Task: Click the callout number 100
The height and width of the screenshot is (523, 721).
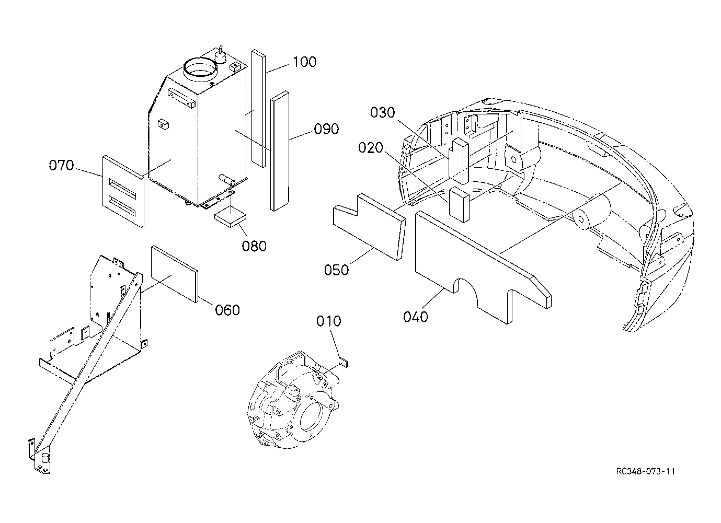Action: click(304, 62)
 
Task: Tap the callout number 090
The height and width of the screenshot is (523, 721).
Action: click(326, 129)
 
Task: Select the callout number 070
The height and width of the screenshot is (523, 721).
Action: click(61, 165)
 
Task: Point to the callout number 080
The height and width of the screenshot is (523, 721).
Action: click(254, 247)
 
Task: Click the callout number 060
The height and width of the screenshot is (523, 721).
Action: click(227, 310)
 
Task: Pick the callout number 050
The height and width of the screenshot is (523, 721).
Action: click(336, 270)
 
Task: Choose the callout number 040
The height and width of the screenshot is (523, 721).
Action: click(416, 317)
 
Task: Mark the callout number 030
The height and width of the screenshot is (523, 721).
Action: click(382, 113)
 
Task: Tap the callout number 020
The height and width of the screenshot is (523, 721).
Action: click(371, 148)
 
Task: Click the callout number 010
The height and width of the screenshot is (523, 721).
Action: click(329, 321)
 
